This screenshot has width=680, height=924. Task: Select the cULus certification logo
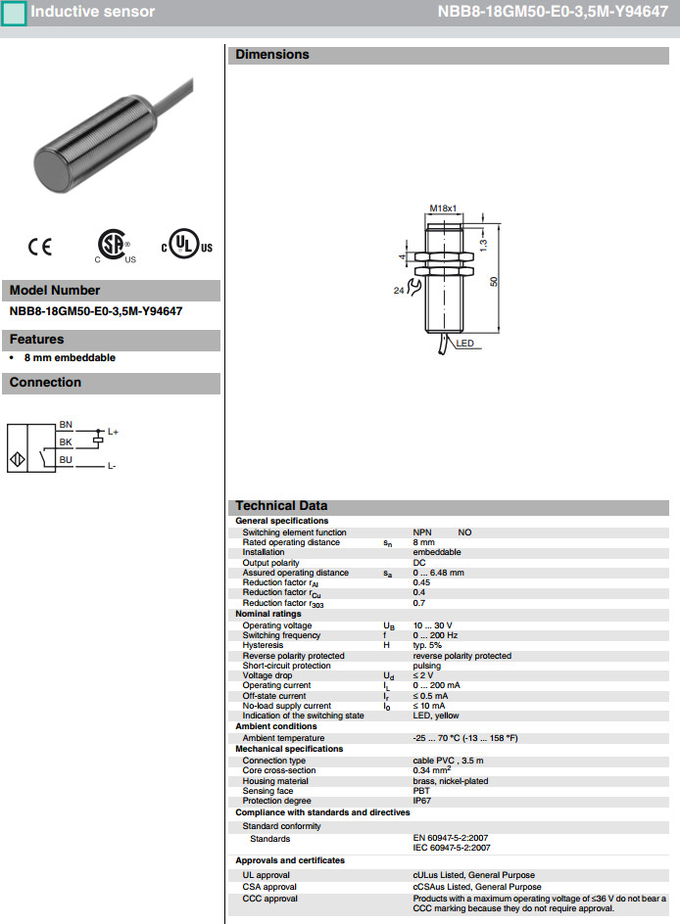186,245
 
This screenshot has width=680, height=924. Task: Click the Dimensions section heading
271,55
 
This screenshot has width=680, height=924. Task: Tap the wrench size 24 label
399,291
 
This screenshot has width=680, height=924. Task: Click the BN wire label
66,424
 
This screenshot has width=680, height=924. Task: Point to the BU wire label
66,459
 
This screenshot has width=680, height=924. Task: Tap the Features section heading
36,340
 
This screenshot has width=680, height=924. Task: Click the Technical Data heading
281,506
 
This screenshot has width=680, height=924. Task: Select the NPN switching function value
423,532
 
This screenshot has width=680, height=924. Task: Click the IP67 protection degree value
422,801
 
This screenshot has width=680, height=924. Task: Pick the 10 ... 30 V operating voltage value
432,624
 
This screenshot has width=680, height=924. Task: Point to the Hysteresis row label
264,645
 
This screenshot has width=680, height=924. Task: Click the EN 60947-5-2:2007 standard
452,838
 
